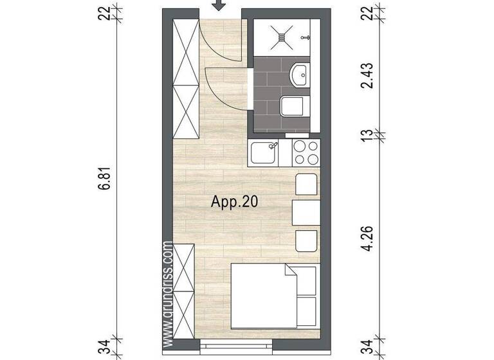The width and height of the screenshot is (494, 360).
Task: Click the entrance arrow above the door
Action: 220,5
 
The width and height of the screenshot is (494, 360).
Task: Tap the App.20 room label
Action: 235,202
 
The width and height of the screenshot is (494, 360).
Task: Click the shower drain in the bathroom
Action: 281,36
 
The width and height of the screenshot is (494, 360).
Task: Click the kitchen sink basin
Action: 264,153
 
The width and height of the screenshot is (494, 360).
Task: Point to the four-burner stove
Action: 307,153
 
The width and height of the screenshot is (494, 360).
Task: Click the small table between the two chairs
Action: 306,213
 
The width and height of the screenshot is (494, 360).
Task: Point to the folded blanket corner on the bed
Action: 290,273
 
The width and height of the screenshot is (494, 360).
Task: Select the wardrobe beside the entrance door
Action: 186,77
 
